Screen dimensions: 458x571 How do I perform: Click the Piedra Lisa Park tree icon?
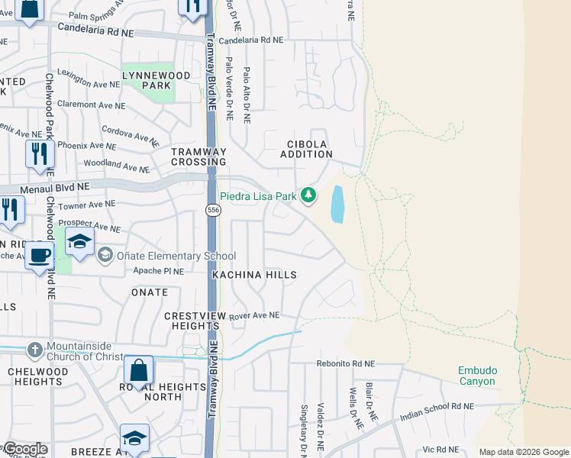(x=308, y=195)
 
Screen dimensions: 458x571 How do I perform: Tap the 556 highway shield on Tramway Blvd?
(x=214, y=210)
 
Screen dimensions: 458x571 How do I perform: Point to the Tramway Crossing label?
(x=198, y=156)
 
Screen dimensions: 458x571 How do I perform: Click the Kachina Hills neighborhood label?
(x=253, y=274)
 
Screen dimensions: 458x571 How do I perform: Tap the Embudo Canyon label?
(x=477, y=376)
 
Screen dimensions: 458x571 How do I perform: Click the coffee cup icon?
(x=40, y=255)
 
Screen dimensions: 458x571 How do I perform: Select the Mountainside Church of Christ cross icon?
(x=34, y=350)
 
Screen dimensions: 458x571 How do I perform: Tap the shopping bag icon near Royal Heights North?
(x=138, y=370)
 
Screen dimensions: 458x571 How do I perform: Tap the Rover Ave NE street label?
(x=255, y=314)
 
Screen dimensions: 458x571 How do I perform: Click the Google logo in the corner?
(x=24, y=449)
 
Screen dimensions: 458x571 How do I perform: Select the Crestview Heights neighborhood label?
(x=192, y=321)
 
